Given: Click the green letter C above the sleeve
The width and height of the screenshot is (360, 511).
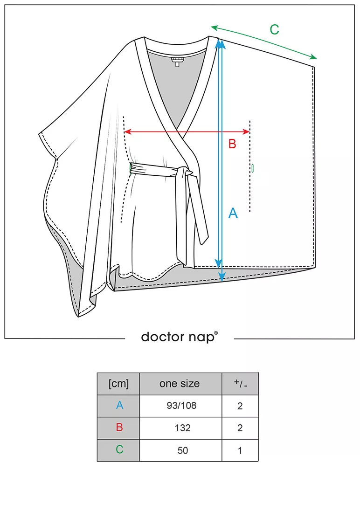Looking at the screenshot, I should pyautogui.click(x=274, y=30).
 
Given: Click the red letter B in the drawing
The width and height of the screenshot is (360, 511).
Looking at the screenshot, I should pyautogui.click(x=232, y=144).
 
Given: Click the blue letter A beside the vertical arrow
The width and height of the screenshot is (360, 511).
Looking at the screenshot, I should pyautogui.click(x=233, y=214).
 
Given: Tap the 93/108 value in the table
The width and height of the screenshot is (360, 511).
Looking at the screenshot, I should pyautogui.click(x=181, y=406).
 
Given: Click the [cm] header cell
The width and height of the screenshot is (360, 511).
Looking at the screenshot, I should pyautogui.click(x=118, y=384).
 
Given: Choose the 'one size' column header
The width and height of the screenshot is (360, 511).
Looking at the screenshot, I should pyautogui.click(x=180, y=384).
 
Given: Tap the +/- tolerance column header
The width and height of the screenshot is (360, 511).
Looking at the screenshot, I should pyautogui.click(x=240, y=384).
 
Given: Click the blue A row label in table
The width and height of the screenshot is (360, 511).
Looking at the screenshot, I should pyautogui.click(x=119, y=406).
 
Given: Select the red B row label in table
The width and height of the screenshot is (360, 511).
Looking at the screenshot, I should pyautogui.click(x=119, y=428).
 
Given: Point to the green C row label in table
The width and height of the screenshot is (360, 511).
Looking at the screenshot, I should pyautogui.click(x=119, y=450).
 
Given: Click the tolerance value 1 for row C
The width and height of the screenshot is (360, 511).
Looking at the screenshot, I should pyautogui.click(x=240, y=450).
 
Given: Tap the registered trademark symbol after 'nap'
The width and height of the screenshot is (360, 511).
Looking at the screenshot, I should pyautogui.click(x=215, y=333).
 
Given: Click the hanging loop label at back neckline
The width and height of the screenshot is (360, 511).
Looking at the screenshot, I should pyautogui.click(x=178, y=62).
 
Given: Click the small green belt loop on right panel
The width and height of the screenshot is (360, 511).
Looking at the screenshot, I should pyautogui.click(x=252, y=168).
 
